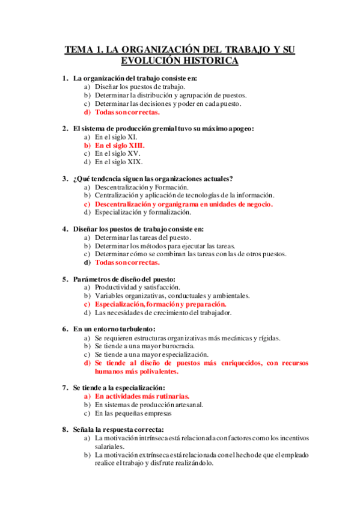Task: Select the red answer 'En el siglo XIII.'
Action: (120, 145)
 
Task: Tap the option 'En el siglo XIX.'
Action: (119, 162)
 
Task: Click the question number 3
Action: (65, 179)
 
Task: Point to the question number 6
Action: (65, 329)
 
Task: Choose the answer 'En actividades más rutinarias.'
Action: (142, 396)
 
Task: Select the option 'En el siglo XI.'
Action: (116, 137)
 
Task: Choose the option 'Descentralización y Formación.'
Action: (142, 187)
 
